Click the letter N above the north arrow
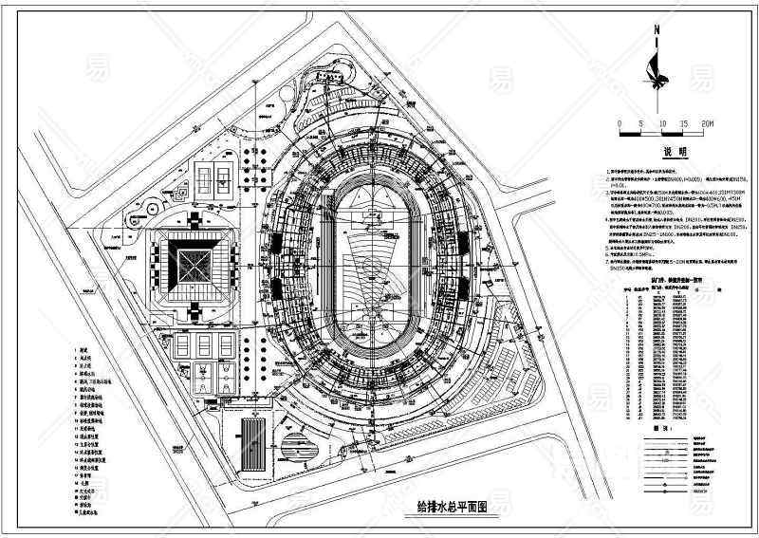pos(655,31)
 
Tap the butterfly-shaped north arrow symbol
pos(654,68)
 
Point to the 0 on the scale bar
pos(619,124)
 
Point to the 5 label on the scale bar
pos(641,124)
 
